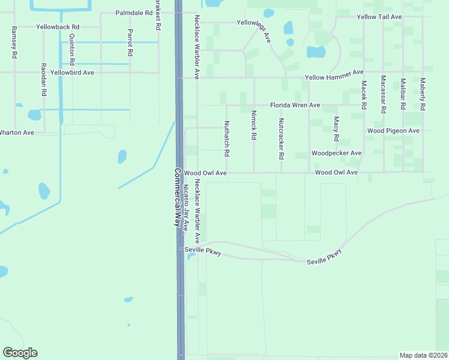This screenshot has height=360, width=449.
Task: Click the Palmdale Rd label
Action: [x=134, y=12]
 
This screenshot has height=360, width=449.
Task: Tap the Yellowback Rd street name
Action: [x=58, y=28]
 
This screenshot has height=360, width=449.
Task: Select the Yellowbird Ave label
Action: [x=72, y=73]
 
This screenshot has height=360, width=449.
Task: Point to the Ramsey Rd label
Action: [x=13, y=42]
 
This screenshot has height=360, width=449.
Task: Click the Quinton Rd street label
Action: [x=71, y=49]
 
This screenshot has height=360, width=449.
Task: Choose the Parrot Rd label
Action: [x=130, y=42]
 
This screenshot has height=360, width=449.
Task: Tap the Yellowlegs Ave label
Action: [x=253, y=29]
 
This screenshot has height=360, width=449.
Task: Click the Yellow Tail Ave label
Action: [x=379, y=17]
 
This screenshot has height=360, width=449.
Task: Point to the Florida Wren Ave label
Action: [x=295, y=105]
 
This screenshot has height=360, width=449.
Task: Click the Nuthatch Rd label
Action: [x=227, y=139]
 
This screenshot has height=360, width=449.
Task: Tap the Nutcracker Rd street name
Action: [x=281, y=138]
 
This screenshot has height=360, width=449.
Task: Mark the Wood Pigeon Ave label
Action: [x=393, y=130]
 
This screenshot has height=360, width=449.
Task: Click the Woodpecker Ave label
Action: [x=336, y=153]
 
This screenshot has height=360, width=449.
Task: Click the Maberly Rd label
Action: [x=423, y=94]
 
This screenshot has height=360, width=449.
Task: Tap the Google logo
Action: [x=20, y=352]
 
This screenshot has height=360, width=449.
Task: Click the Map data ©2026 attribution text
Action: [x=423, y=355]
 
